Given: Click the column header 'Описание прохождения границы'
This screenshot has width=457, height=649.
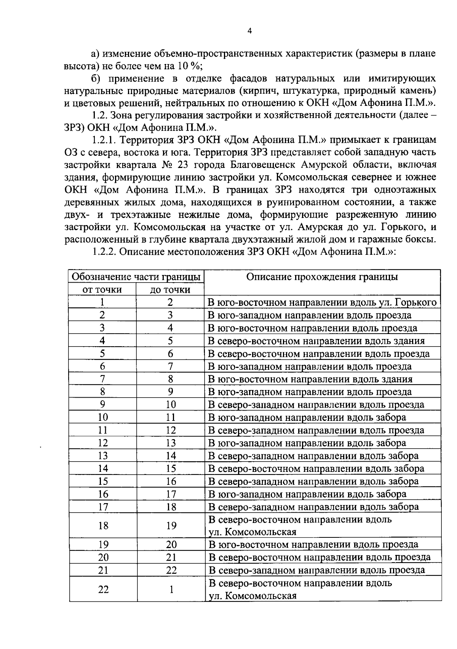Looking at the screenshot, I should click(x=322, y=277).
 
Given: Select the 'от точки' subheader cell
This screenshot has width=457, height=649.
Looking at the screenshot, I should click(x=102, y=289).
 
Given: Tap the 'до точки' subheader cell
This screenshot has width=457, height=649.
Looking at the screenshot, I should click(x=170, y=289).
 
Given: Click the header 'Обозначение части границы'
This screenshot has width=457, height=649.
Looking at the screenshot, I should click(x=136, y=277).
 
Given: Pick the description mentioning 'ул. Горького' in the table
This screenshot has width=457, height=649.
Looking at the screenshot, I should click(x=322, y=302).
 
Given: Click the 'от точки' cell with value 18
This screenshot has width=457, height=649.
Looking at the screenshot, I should click(x=103, y=526).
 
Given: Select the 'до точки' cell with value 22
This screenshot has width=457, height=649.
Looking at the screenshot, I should click(x=171, y=570).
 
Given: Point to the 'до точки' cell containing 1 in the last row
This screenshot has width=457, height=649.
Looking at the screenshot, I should click(x=171, y=590).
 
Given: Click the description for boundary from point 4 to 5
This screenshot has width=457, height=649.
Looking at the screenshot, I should click(x=316, y=341).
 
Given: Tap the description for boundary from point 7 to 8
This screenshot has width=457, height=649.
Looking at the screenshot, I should click(x=310, y=379).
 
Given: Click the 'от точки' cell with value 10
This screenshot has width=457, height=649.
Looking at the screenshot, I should click(x=103, y=417).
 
